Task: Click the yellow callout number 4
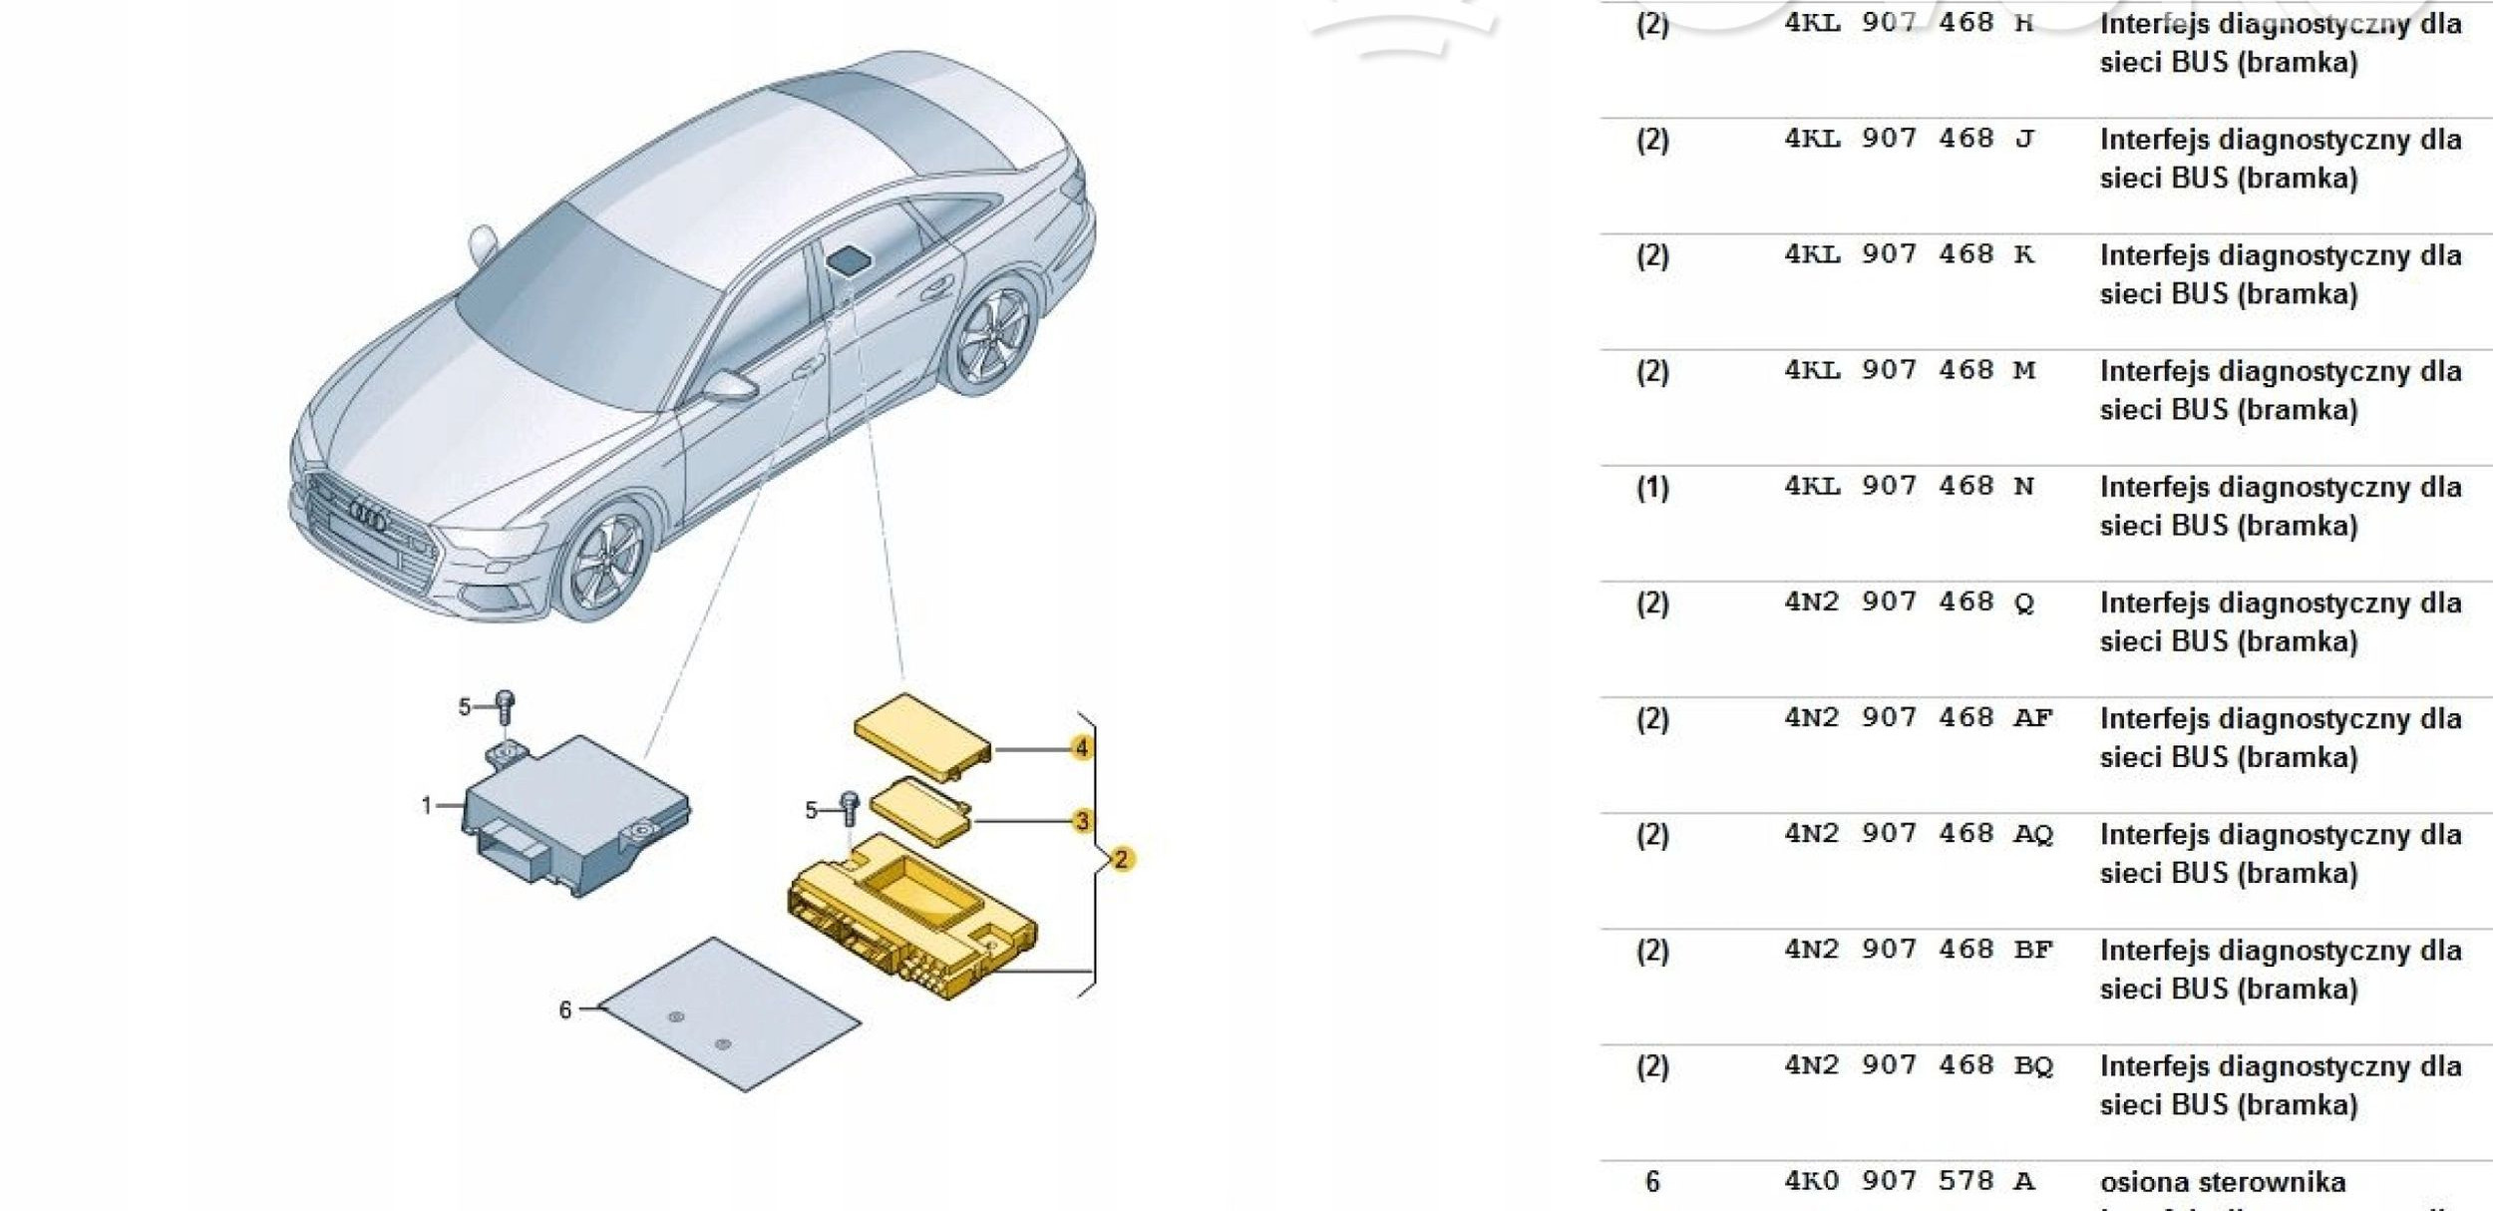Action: tap(1081, 747)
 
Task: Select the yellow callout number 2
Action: tap(1121, 859)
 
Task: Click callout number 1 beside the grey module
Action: tap(427, 804)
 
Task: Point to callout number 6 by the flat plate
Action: tap(565, 1010)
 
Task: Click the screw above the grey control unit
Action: tap(506, 707)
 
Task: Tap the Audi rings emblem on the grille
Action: tap(368, 516)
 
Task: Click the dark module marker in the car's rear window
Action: tap(850, 259)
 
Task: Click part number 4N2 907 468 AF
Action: tap(1918, 718)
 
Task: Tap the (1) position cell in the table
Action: tap(1652, 488)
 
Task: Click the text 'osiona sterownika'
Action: tap(2223, 1182)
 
